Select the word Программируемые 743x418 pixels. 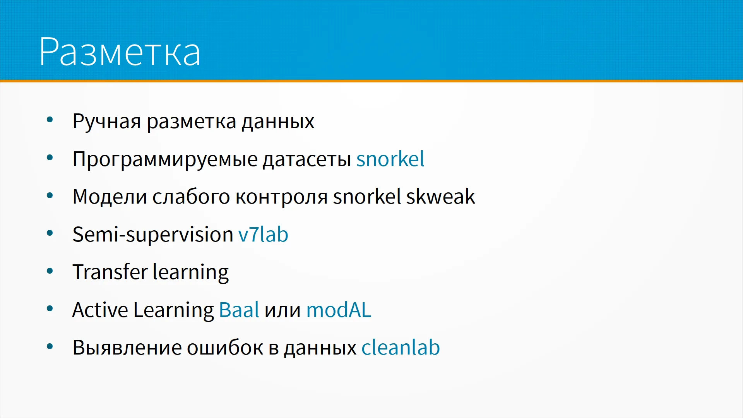point(165,159)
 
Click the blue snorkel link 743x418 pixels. point(390,159)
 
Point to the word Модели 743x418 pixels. point(110,197)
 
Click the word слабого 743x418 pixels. point(191,197)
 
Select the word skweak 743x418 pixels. point(440,196)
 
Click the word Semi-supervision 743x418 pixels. point(153,235)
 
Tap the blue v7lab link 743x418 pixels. point(263,235)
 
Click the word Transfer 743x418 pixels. point(110,272)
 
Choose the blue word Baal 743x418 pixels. point(239,310)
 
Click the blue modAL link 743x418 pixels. point(339,310)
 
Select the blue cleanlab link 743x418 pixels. point(401,347)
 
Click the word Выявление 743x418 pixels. point(127,348)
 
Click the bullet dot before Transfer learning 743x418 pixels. point(50,271)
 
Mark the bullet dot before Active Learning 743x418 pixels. point(50,308)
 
